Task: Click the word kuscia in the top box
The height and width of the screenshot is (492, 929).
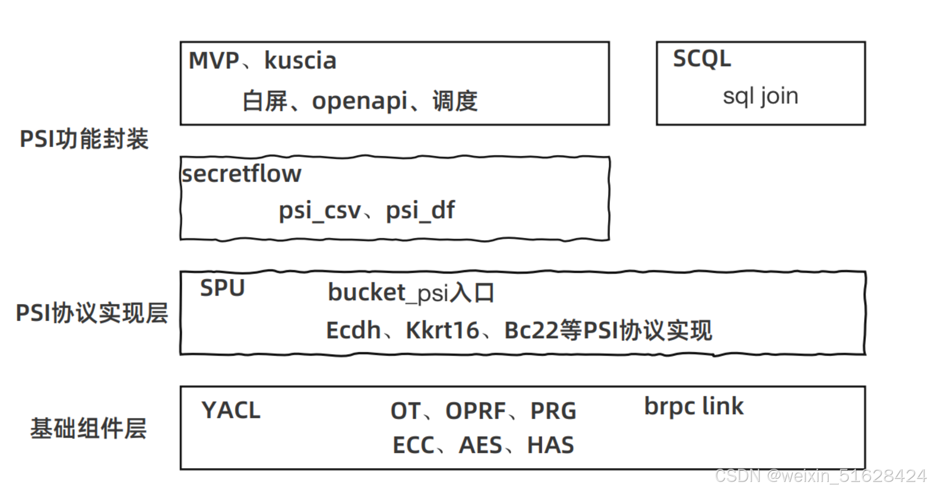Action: point(300,61)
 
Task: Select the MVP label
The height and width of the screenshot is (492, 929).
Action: point(214,61)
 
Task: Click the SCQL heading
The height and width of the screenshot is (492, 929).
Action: point(702,59)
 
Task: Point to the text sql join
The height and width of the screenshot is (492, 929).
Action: point(760,96)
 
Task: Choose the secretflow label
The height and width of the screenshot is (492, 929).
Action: point(241,174)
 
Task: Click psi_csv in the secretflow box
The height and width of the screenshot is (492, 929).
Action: point(320,211)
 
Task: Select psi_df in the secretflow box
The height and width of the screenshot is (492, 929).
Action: point(420,211)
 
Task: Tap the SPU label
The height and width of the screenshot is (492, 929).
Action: point(222,288)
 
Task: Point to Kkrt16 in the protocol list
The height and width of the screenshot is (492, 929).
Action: point(442,331)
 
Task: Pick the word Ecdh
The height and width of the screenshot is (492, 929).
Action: point(353,331)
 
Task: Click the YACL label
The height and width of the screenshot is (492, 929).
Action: point(231,410)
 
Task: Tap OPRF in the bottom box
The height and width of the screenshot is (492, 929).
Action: point(475,411)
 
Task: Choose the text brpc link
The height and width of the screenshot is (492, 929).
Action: point(694,407)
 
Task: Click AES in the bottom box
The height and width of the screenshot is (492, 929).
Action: point(480,446)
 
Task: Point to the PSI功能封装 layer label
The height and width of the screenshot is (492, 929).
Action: point(84,139)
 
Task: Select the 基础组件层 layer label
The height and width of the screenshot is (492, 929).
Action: point(88,428)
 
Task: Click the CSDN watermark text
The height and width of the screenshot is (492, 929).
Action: point(820,476)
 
